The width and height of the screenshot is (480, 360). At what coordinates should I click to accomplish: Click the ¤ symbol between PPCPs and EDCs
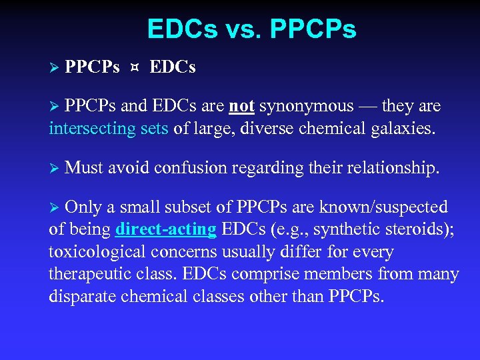tap(135, 67)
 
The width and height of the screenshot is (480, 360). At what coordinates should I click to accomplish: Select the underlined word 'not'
tap(242, 106)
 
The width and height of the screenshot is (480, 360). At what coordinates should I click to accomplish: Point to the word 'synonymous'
tap(307, 106)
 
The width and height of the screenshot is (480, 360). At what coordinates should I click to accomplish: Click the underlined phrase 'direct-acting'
tap(165, 231)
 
